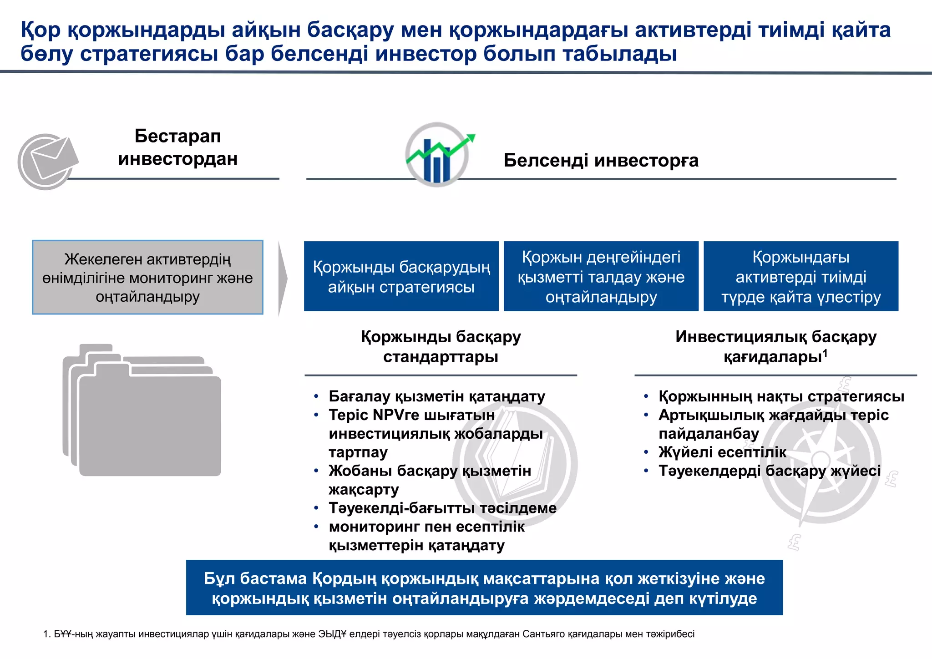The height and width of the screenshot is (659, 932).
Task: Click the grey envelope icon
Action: point(47,161)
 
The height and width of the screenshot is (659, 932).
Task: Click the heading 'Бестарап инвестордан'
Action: point(177,147)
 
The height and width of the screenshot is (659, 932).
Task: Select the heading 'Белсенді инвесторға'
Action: point(601,161)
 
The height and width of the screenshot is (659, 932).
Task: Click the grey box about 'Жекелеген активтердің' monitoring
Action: point(147,277)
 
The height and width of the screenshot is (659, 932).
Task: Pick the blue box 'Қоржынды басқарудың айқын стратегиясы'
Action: point(401,276)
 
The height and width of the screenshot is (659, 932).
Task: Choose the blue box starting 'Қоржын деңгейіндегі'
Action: point(601,276)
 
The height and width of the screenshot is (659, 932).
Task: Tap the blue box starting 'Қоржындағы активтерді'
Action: point(800,276)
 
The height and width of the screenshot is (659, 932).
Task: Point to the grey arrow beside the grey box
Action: point(283,278)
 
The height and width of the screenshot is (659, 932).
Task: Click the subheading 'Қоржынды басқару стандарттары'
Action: point(441,346)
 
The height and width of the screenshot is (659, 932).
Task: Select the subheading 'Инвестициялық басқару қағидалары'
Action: point(775,346)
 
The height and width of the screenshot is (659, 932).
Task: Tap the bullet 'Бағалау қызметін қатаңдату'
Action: point(436,396)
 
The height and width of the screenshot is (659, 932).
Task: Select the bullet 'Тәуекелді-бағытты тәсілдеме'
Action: point(442,508)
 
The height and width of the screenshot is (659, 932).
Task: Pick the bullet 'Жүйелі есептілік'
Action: point(722,452)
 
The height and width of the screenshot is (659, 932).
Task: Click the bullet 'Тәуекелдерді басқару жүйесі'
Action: point(770,471)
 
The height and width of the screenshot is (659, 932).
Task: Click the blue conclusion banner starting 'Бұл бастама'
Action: point(484,588)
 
